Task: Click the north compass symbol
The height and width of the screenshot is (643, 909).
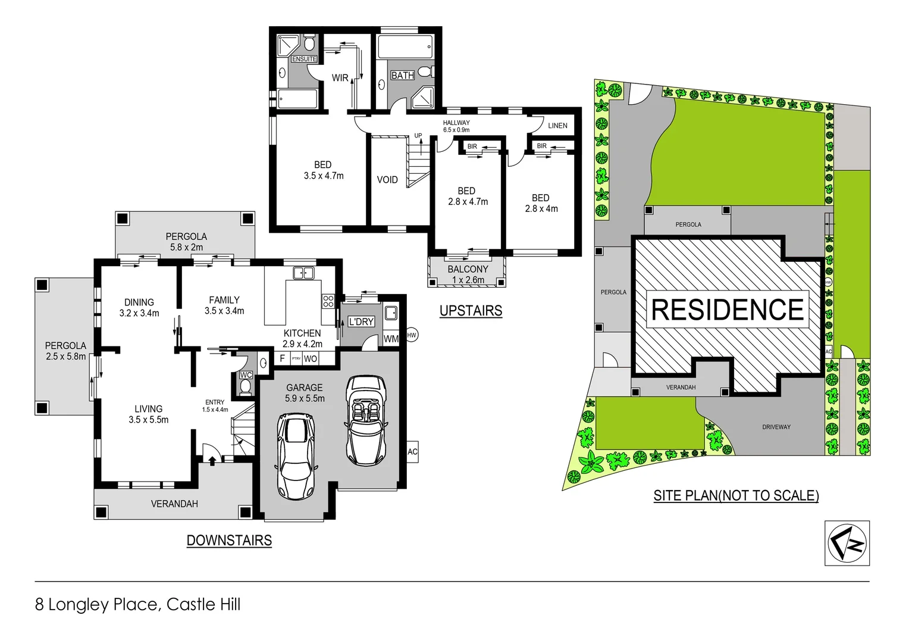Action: pos(847,543)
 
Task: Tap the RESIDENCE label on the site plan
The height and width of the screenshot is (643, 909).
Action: pos(727,310)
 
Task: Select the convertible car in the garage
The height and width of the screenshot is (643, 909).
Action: pos(366,420)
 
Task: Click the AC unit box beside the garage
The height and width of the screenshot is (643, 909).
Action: pos(412,452)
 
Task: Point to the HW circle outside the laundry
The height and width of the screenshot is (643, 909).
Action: pos(412,335)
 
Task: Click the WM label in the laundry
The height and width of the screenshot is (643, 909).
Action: pos(391,339)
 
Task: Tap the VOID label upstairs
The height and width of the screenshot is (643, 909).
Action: pos(387,180)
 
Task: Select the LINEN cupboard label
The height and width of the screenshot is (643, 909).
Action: pos(557,126)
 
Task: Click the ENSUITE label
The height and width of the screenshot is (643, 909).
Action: pos(304,59)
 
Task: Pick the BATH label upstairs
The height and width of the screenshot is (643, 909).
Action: pos(402,76)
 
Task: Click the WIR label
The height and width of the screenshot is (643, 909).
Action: pos(340,78)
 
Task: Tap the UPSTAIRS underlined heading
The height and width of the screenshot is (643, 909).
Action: pos(471,311)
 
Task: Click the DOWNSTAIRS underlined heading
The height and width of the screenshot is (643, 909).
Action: pos(229,541)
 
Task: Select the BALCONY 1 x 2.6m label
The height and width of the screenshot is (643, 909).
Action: pos(468,274)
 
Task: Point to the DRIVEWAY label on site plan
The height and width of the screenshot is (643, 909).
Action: pos(776,427)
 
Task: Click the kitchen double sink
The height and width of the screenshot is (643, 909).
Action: pos(303,273)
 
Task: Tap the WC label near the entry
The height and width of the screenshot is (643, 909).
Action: pos(246,375)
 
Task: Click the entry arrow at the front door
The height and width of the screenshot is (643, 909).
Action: pos(212,460)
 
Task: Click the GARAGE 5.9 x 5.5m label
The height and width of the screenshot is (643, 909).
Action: pos(305,393)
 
